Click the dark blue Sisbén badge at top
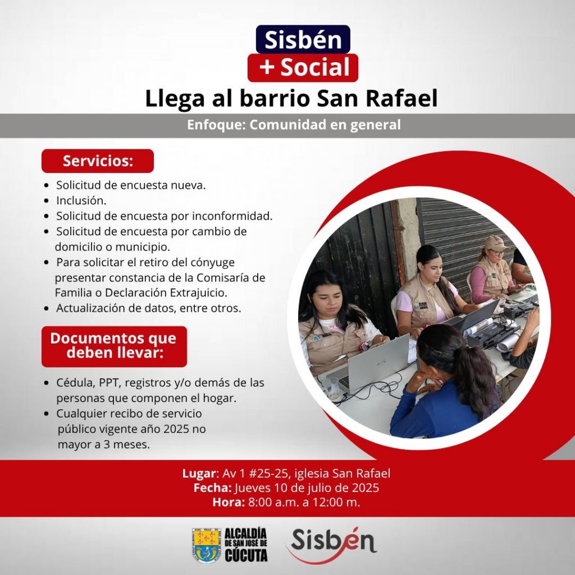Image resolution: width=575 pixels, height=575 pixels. (x=303, y=39)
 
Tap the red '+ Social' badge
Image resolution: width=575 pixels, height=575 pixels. (x=303, y=68)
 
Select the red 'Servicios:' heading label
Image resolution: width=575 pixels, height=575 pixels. (x=98, y=161)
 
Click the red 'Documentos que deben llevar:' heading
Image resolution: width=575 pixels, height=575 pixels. (x=114, y=346)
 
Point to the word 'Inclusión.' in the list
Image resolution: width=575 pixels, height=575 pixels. (x=81, y=200)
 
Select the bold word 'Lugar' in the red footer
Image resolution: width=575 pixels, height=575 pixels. (x=198, y=473)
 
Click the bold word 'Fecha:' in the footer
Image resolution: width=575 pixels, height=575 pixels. (x=213, y=488)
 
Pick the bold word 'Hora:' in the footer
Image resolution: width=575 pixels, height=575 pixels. (x=229, y=502)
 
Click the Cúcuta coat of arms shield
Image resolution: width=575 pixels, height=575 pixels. (x=207, y=545)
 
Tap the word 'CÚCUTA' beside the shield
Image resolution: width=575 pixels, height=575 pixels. (x=246, y=555)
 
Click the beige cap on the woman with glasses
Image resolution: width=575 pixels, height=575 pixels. (x=496, y=243)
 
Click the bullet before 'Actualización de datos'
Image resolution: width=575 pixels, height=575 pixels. (x=46, y=308)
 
